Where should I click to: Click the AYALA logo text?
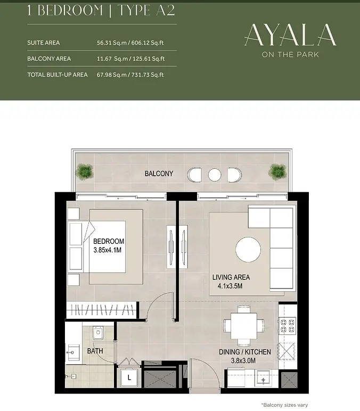[x=290, y=35]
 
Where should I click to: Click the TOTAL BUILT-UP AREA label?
[x=58, y=75]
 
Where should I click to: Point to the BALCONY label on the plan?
[x=159, y=174]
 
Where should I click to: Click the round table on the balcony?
[x=215, y=175]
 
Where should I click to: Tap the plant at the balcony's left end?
[x=84, y=171]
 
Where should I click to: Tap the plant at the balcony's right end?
[x=277, y=171]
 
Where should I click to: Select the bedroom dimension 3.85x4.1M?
[x=108, y=250]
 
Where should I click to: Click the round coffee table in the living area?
[x=248, y=250]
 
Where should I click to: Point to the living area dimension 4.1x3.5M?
[x=230, y=286]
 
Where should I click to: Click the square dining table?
[x=244, y=326]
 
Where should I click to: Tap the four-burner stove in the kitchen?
[x=288, y=325]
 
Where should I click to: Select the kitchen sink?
[x=264, y=379]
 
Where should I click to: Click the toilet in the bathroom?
[x=98, y=333]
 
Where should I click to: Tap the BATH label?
[x=95, y=351]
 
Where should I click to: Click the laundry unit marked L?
[x=129, y=377]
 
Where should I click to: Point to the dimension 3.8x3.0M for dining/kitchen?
[x=243, y=361]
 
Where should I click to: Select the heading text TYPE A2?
[x=146, y=10]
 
